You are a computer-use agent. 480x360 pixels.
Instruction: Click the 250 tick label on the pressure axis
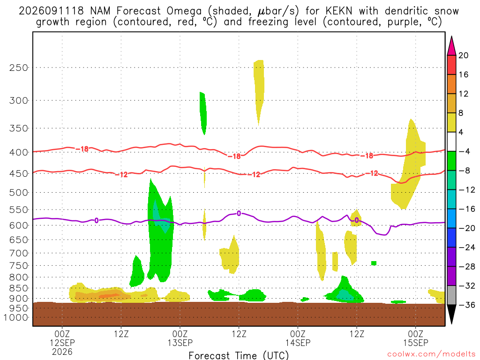tap(18, 67)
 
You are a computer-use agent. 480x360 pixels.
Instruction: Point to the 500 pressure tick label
tap(18, 193)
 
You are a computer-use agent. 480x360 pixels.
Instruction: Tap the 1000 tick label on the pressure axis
tap(15, 317)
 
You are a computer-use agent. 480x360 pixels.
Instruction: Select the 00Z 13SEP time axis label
tap(180, 338)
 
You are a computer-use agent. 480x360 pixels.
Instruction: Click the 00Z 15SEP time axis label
tap(416, 338)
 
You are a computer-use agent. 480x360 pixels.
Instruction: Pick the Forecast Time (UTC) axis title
tap(239, 355)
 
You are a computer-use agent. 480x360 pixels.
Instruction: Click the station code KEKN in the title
tap(338, 11)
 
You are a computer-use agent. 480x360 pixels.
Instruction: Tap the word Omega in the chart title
tap(184, 11)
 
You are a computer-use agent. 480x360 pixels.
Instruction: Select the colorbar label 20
tap(463, 55)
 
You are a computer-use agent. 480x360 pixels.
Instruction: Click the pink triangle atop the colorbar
tap(451, 45)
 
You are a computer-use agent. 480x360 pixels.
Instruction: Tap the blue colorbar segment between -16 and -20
tap(451, 218)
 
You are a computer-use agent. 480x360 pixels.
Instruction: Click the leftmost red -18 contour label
tap(82, 149)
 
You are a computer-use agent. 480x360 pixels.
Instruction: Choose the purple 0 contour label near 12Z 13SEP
tap(239, 214)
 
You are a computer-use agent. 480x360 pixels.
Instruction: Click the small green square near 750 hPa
tap(374, 263)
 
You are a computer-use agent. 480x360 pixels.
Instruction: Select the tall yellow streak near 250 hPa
tap(259, 92)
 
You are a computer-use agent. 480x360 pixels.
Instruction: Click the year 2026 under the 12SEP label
tap(62, 352)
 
